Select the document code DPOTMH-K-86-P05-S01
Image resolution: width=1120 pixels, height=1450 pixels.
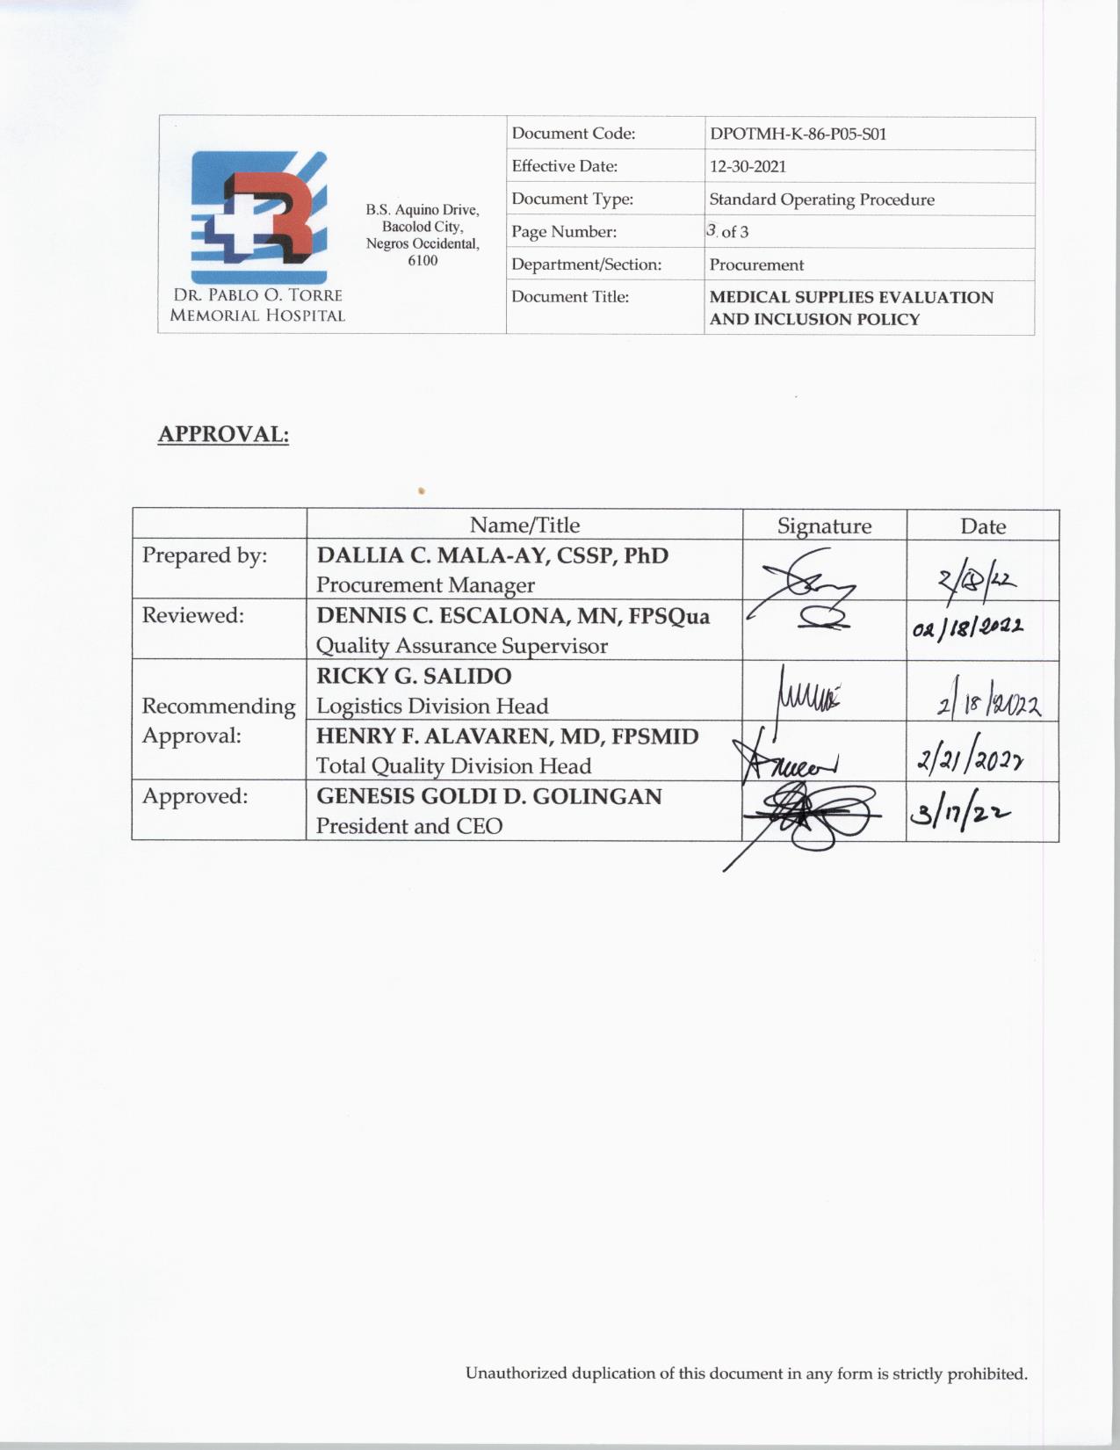click(798, 134)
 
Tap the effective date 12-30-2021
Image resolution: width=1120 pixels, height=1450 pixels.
click(748, 166)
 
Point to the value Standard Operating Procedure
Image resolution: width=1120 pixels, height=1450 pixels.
click(821, 199)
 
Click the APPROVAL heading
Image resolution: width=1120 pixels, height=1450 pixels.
click(223, 434)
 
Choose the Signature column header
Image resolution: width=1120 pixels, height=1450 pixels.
click(824, 526)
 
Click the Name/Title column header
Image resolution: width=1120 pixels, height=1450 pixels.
click(524, 525)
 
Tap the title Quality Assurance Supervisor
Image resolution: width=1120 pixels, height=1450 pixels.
click(461, 646)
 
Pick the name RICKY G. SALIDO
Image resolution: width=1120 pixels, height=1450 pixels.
click(414, 676)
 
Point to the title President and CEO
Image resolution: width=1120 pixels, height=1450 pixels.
click(409, 826)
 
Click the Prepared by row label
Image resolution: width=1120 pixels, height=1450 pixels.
click(205, 555)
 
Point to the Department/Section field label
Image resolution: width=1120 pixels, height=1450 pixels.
click(586, 265)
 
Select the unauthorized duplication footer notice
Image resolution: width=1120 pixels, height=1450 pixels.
click(746, 1374)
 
